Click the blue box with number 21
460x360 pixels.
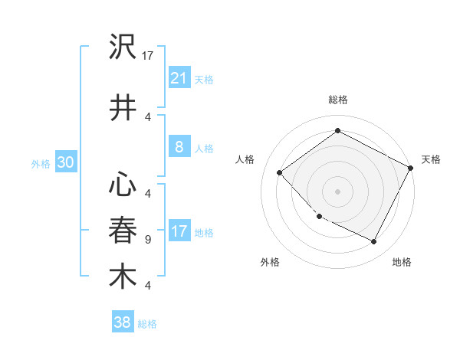coord(179,78)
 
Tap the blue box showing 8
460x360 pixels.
coord(179,147)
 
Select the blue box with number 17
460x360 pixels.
coord(179,231)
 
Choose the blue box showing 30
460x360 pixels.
coord(65,162)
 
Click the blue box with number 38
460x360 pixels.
coord(123,322)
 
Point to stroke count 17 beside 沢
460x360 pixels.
coord(149,56)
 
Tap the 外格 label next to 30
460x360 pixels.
coord(41,163)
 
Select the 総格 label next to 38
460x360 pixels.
coord(147,324)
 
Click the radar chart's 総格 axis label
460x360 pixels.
coord(337,100)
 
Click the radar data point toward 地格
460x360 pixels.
coord(374,242)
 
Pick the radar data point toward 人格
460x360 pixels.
coord(280,172)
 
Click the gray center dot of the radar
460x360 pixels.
coord(337,191)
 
